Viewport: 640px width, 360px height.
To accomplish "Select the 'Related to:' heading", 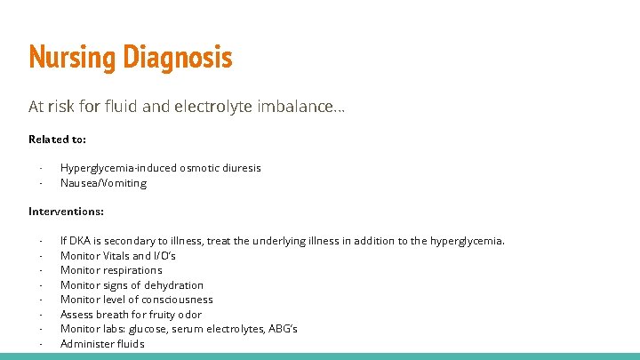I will point(57,139).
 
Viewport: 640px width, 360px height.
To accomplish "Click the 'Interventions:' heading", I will point(66,212).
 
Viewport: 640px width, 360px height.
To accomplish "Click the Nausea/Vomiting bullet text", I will point(103,183).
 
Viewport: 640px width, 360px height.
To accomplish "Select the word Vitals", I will point(116,256).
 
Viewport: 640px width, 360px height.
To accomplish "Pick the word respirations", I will point(131,270).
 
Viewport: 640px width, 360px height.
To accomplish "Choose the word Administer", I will point(86,344).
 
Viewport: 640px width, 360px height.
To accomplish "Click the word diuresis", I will point(240,168).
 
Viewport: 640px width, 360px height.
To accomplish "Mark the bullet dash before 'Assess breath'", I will point(41,315).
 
